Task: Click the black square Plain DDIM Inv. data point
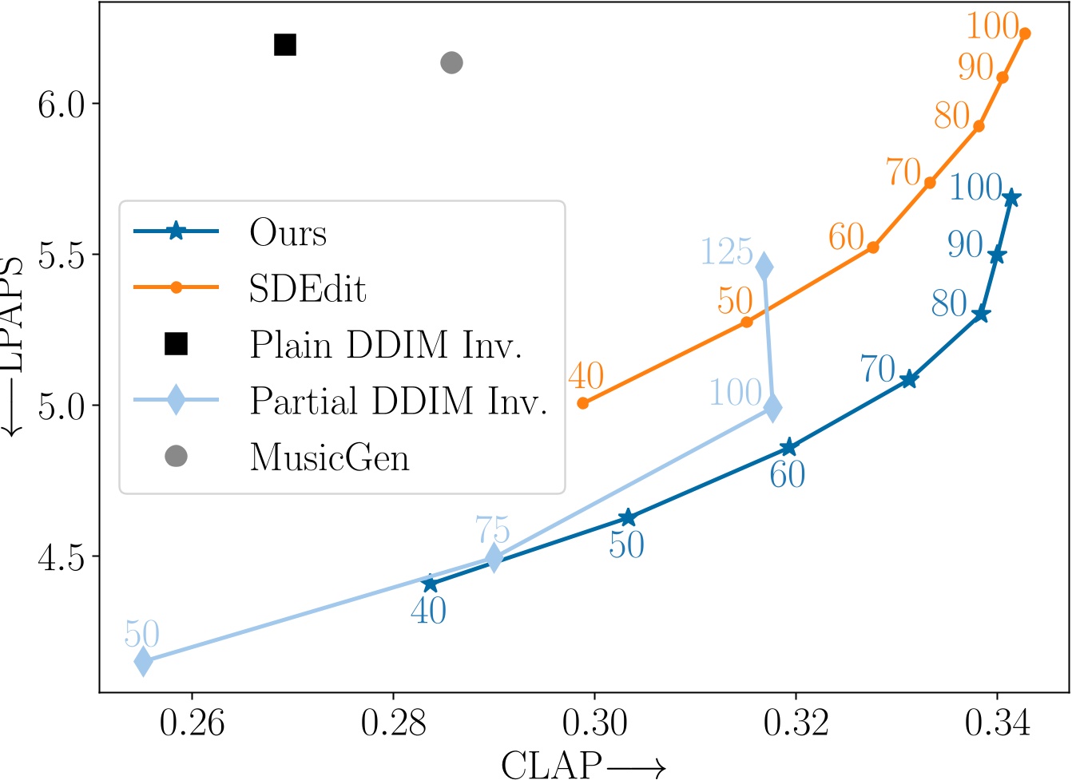pos(285,45)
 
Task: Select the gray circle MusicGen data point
pos(451,62)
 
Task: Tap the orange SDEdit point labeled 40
pos(583,403)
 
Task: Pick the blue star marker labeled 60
pos(788,447)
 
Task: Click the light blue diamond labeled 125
pos(764,267)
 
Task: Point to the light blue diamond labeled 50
pos(143,661)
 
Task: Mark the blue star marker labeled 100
pos(1011,198)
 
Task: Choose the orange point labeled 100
pos(1025,34)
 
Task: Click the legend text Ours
pos(288,233)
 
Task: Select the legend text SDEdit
pos(308,289)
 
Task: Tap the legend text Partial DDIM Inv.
pos(398,401)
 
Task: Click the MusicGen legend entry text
pos(329,457)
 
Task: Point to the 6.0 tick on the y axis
pos(61,104)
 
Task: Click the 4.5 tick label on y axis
pos(61,556)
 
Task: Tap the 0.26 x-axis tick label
pos(192,723)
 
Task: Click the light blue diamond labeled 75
pos(494,558)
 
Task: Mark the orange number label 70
pos(903,171)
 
